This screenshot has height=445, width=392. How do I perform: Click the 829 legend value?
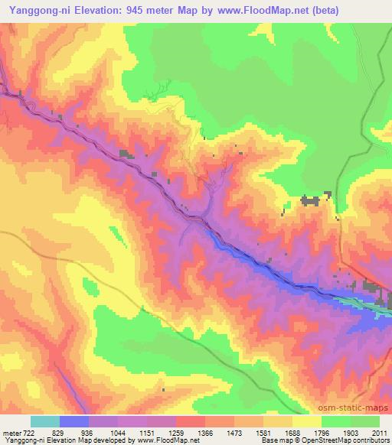(60, 434)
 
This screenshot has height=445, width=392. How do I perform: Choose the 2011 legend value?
(378, 434)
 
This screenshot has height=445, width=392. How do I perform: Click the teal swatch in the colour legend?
(45, 422)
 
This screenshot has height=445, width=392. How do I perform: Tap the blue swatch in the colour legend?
(74, 422)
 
